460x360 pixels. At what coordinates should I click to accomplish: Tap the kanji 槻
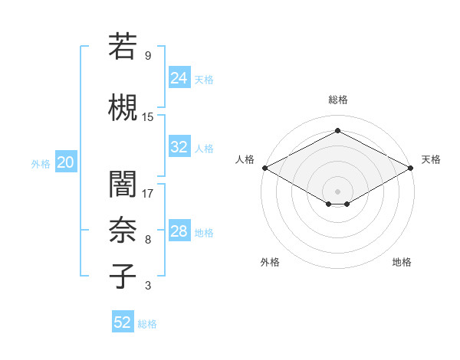tap(123, 107)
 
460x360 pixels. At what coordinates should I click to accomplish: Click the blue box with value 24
tap(179, 77)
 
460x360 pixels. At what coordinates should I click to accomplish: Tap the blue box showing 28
tap(179, 231)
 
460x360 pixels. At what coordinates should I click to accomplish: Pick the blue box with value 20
tap(65, 162)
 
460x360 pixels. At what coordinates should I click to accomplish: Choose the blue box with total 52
tap(123, 322)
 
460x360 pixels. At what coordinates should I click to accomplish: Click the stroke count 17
tap(148, 193)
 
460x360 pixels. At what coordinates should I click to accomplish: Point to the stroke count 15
tap(148, 116)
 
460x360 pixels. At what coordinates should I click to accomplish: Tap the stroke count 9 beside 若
tap(147, 56)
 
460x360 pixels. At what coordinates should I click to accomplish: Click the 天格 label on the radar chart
tap(431, 159)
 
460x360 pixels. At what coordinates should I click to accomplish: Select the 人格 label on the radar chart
tap(245, 159)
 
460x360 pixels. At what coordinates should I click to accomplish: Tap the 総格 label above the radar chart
tap(337, 100)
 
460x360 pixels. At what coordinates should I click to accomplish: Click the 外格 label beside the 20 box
tap(41, 163)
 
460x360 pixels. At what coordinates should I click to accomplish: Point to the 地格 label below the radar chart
tap(402, 262)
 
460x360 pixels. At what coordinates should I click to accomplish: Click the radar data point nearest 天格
tap(412, 168)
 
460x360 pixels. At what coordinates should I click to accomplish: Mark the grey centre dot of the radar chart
tap(337, 190)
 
